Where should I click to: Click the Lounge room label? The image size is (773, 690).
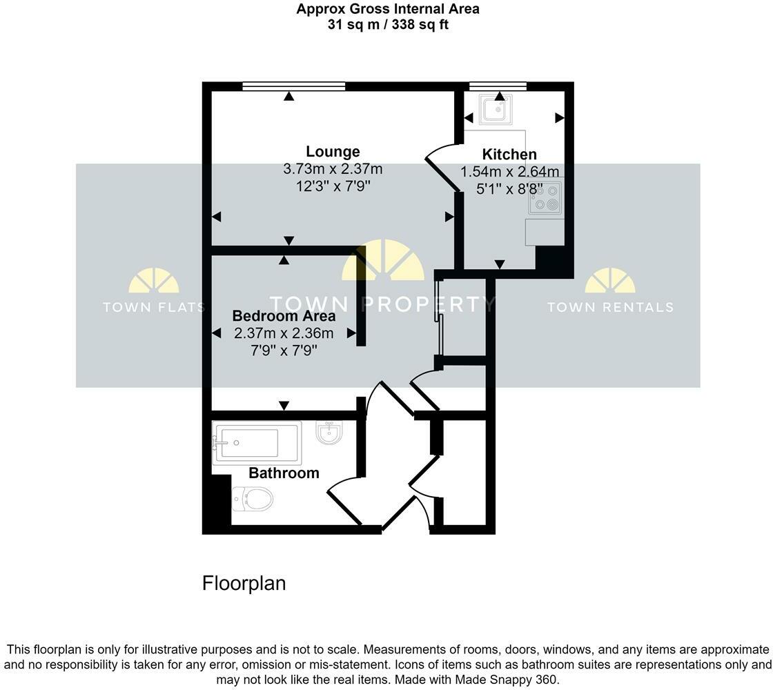[x=333, y=152]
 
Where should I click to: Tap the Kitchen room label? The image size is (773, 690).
[x=509, y=155]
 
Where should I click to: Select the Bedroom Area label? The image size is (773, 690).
[x=284, y=316]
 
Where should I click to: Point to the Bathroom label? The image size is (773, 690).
[x=284, y=473]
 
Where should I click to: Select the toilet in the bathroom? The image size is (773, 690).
[x=253, y=497]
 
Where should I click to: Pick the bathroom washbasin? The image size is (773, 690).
[x=329, y=433]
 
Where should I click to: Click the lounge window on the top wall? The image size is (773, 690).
[x=293, y=86]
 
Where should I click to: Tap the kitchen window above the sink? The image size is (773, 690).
[x=498, y=86]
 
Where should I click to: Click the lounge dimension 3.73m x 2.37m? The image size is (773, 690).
[x=333, y=169]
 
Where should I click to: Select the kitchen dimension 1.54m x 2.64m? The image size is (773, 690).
[x=509, y=172]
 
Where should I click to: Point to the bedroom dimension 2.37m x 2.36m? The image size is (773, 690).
[x=284, y=334]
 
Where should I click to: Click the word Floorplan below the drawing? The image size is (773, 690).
[x=244, y=584]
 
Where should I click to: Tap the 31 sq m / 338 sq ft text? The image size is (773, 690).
[x=387, y=25]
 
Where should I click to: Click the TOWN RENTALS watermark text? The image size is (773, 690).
[x=610, y=307]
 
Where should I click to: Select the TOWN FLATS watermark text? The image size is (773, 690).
[x=153, y=307]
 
